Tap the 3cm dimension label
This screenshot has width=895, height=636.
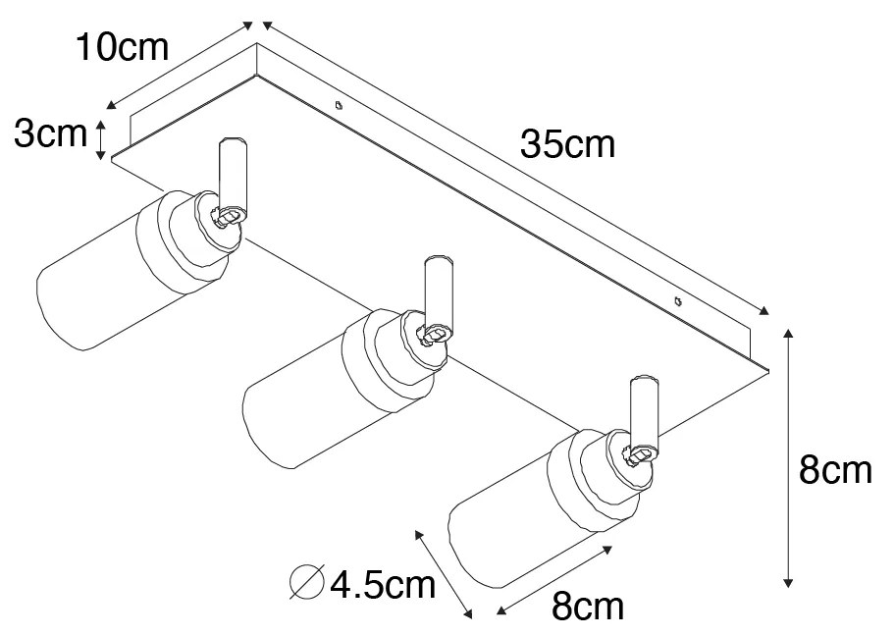[x=50, y=134]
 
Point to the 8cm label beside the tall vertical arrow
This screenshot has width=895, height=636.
[x=835, y=471]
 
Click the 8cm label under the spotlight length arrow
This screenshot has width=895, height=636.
[x=587, y=608]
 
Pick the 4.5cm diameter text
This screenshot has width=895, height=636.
[x=382, y=586]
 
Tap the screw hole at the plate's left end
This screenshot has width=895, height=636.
[x=338, y=104]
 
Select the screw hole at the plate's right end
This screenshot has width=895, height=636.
[x=677, y=300]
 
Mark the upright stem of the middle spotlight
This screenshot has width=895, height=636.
[x=438, y=292]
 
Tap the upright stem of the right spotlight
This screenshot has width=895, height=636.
[x=644, y=409]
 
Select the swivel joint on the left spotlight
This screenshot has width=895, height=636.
[x=228, y=215]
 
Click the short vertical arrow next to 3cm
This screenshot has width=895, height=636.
[x=100, y=138]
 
